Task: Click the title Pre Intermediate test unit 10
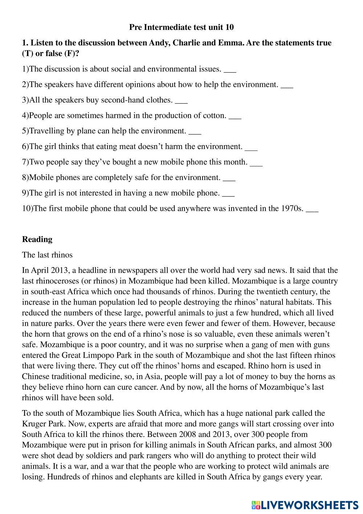[181, 27]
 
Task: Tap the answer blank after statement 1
[230, 69]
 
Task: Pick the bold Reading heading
[37, 239]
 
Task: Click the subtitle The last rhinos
[47, 255]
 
